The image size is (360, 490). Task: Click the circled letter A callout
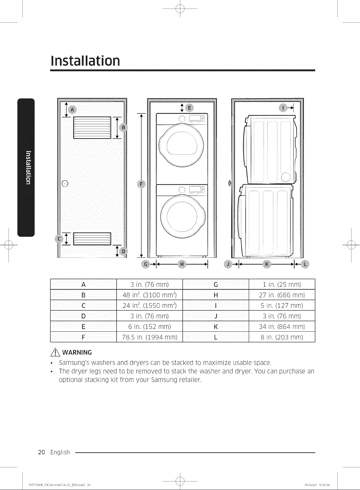click(x=72, y=110)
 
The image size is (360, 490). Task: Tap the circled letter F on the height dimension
click(x=141, y=184)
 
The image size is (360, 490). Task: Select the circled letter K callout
click(x=267, y=264)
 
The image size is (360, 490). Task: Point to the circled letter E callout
click(x=189, y=108)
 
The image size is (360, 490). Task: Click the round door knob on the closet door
click(x=65, y=183)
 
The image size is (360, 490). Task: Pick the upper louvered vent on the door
click(x=92, y=128)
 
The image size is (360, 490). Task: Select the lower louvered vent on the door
click(x=92, y=239)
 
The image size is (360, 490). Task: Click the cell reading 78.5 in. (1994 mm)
click(x=149, y=337)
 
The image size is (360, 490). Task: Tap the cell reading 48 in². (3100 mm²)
click(x=149, y=295)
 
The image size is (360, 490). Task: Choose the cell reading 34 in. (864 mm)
click(x=282, y=326)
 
